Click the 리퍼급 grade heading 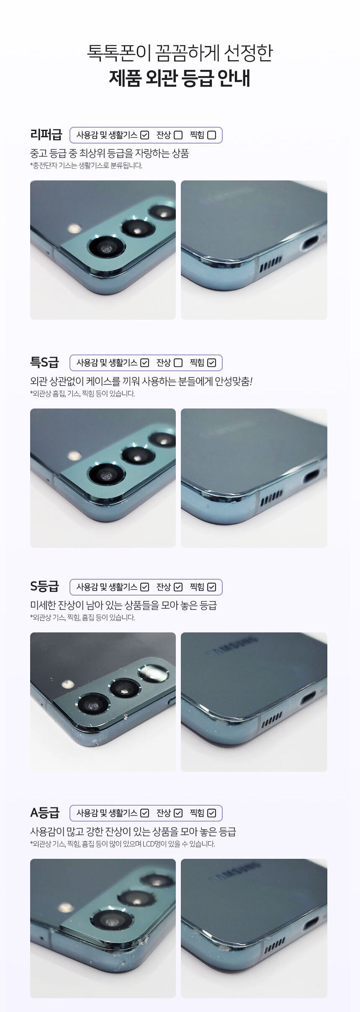46,135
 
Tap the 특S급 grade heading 44,362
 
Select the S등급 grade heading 44,586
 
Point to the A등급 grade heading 45,813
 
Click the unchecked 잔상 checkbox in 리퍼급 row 178,135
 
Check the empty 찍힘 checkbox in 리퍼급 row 212,135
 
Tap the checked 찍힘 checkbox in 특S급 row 212,363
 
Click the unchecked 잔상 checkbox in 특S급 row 178,363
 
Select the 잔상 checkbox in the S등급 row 178,587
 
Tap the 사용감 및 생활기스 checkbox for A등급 145,813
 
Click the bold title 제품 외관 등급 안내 180,78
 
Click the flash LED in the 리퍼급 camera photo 75,229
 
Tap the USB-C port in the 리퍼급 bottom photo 309,242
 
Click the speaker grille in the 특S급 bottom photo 271,497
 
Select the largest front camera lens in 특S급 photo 107,475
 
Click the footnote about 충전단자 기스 86,166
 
